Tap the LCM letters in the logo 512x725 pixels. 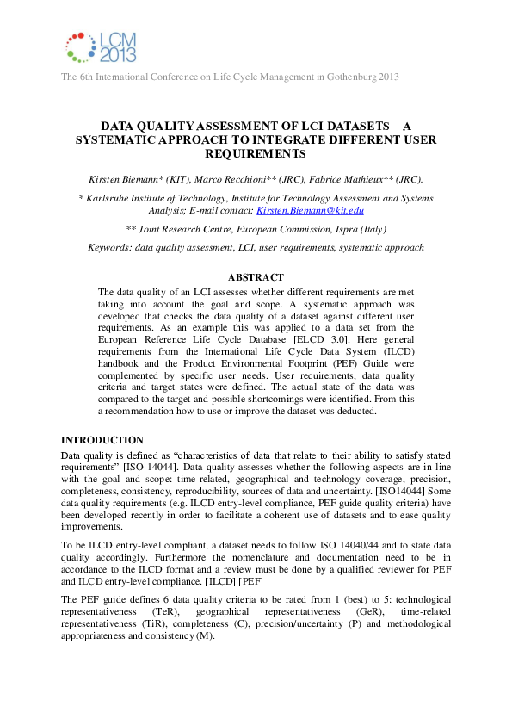coord(116,40)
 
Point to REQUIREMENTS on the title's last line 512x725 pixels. coord(256,154)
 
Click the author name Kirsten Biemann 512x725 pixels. coord(123,179)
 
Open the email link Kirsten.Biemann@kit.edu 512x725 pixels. coord(311,210)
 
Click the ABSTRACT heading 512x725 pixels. coord(255,277)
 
